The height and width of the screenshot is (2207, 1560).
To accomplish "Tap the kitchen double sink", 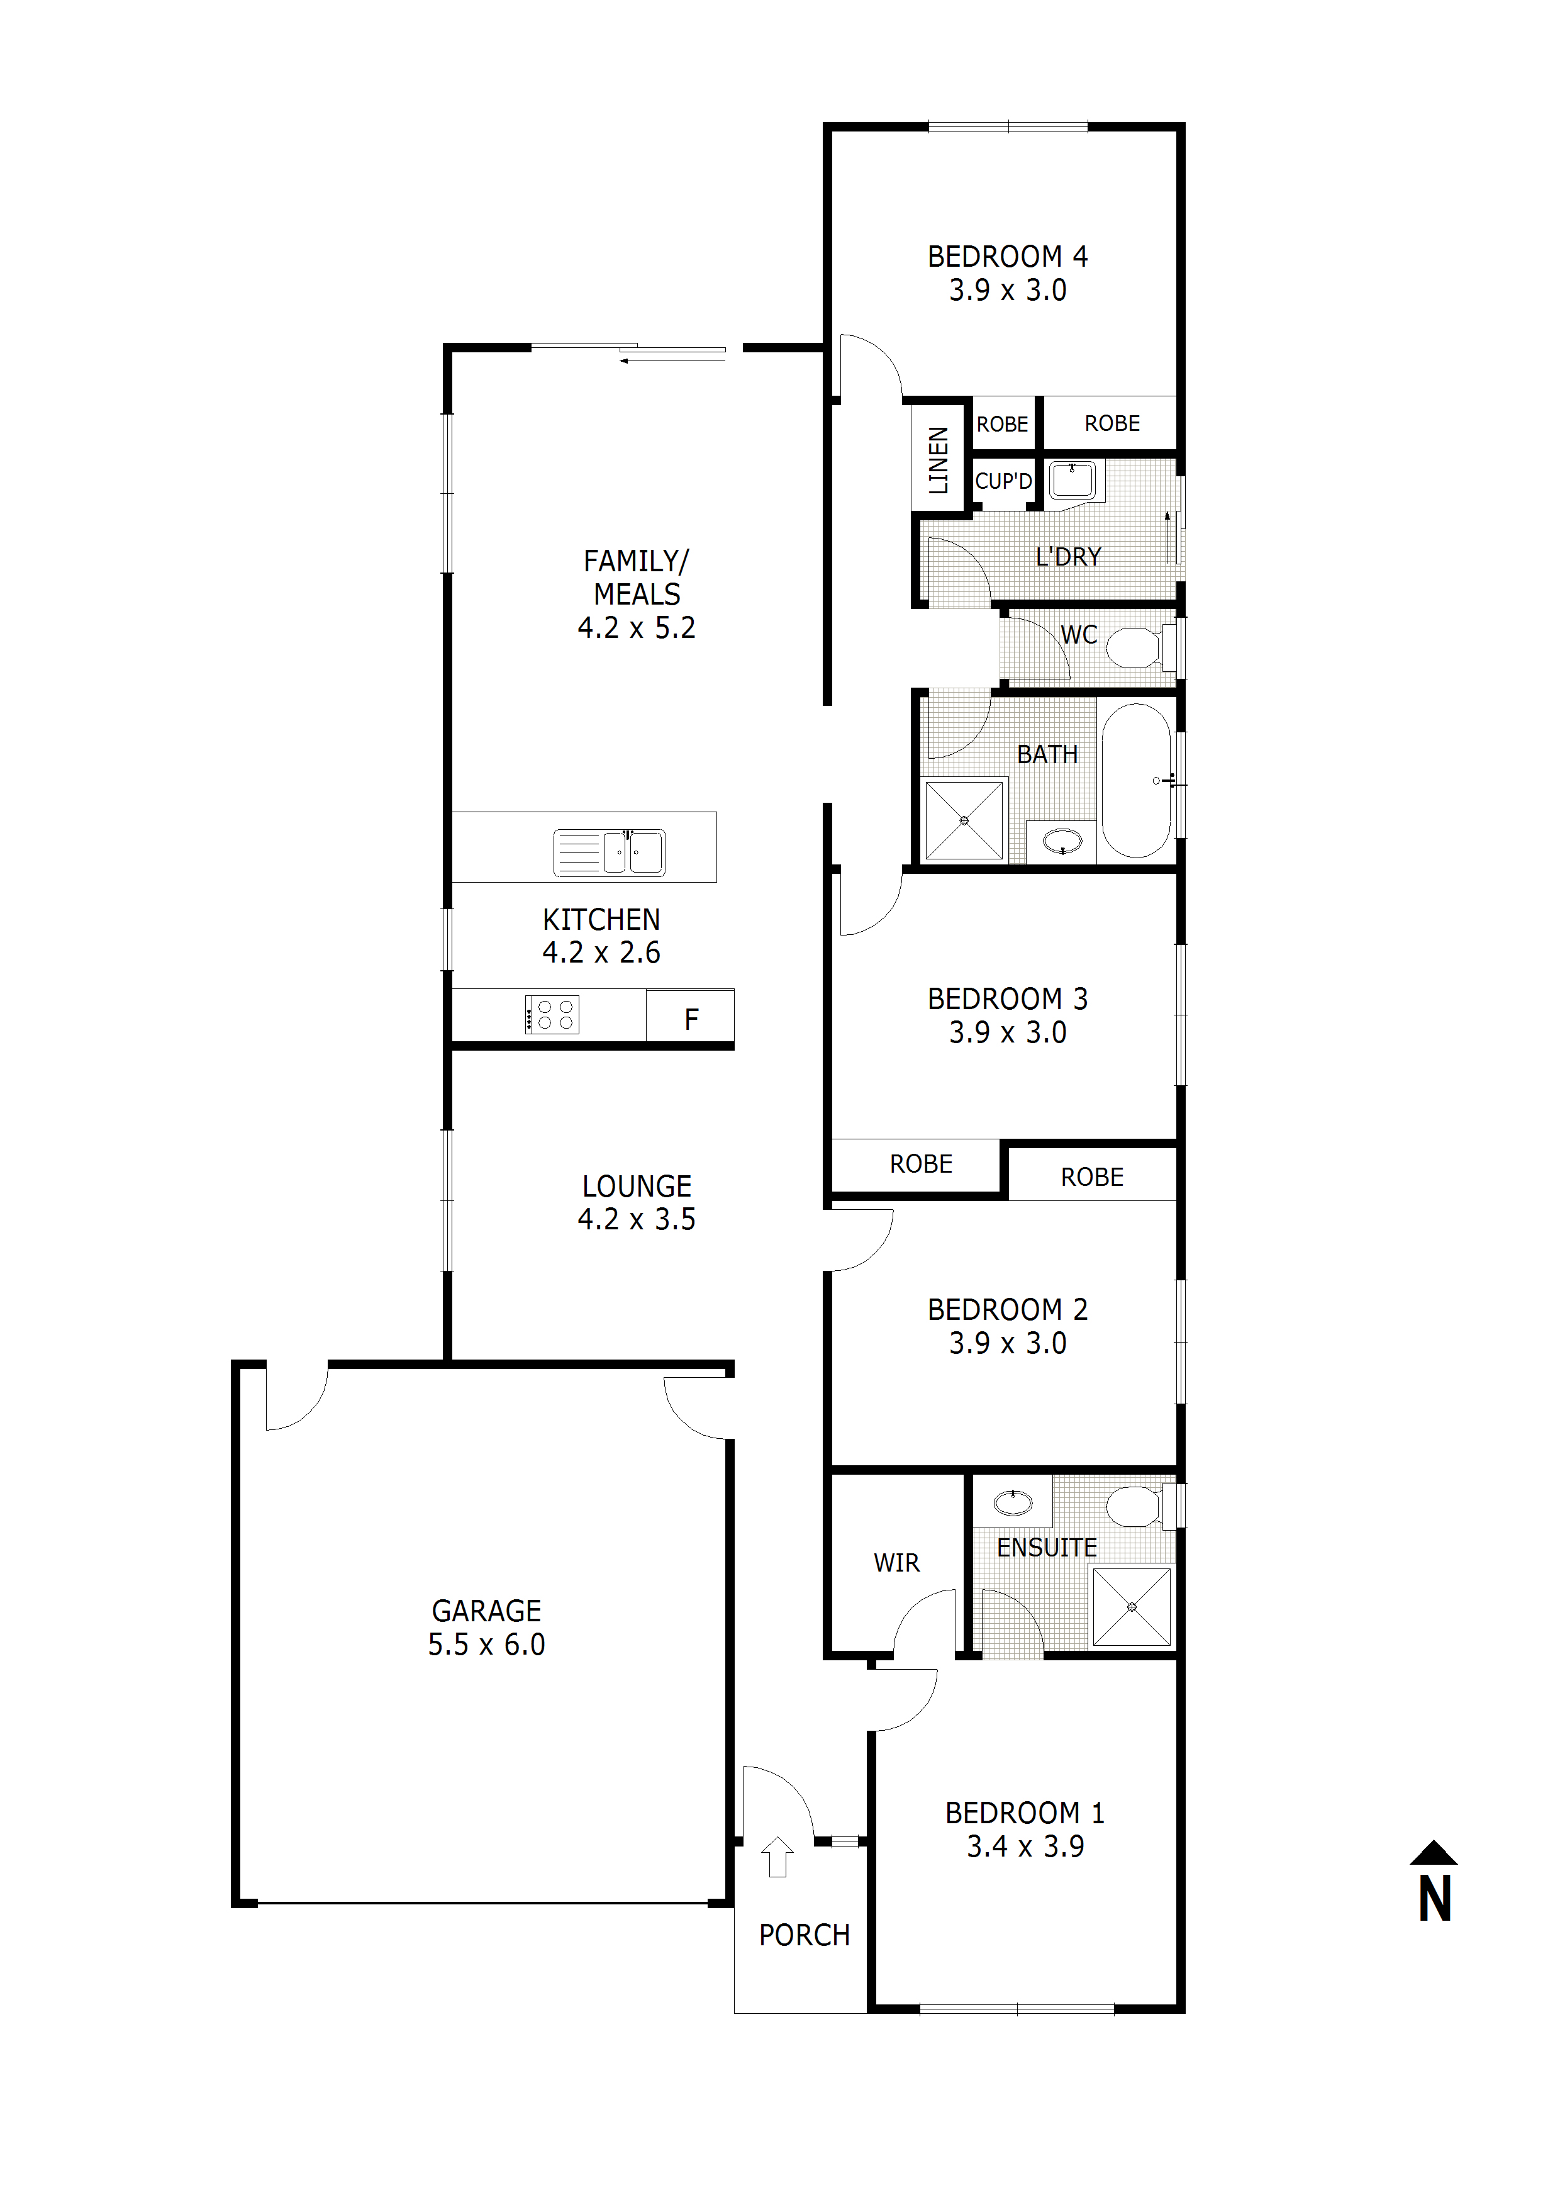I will pyautogui.click(x=610, y=852).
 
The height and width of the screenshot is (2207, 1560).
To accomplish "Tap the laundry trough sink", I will pyautogui.click(x=1072, y=479).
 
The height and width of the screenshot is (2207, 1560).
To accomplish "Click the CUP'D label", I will pyautogui.click(x=1003, y=481).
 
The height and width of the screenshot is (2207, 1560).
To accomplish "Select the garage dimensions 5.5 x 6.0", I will pyautogui.click(x=486, y=1644).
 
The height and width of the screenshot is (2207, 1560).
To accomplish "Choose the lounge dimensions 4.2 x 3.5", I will pyautogui.click(x=637, y=1219).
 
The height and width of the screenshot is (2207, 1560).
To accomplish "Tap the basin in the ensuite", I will pyautogui.click(x=1012, y=1502).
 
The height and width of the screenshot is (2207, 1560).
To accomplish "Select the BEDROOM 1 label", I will pyautogui.click(x=1025, y=1813).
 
